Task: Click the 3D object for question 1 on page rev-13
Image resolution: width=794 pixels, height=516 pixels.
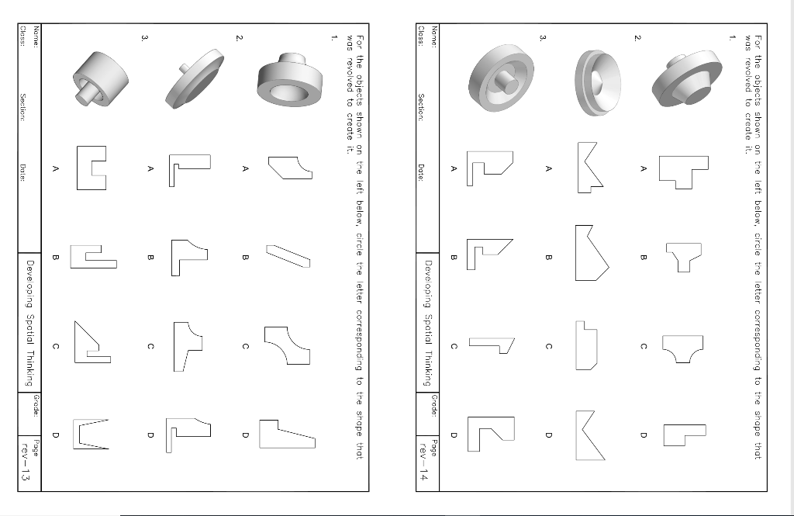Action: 288,78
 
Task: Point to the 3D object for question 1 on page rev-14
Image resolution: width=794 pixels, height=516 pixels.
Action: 684,80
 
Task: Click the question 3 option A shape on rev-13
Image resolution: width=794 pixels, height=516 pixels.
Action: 91,168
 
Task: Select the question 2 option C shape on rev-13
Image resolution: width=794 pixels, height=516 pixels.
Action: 187,346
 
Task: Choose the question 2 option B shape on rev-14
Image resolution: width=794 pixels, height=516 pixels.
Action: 591,253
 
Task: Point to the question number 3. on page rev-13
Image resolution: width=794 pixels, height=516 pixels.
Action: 144,37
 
